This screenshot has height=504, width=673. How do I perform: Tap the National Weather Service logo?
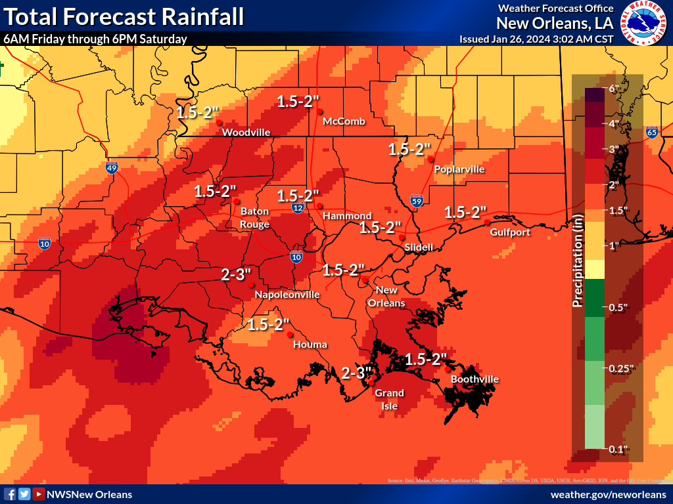click(x=643, y=23)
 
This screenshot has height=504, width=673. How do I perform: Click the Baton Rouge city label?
click(x=254, y=218)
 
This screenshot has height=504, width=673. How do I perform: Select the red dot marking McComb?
click(x=320, y=112)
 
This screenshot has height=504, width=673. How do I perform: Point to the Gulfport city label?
click(x=510, y=232)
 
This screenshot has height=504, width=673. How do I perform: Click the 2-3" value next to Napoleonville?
click(x=236, y=274)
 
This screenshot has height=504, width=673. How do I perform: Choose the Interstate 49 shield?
click(x=112, y=167)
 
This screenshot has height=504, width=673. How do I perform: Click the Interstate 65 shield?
click(x=651, y=132)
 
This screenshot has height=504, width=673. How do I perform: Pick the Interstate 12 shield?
click(x=298, y=207)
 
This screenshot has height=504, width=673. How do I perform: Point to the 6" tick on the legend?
click(x=614, y=89)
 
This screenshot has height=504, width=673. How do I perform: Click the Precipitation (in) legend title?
click(x=578, y=260)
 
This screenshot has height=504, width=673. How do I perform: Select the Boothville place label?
click(x=474, y=379)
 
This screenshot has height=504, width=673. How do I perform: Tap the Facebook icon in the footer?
click(x=10, y=494)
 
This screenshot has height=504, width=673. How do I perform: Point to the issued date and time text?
click(x=536, y=39)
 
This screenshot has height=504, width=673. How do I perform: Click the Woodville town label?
click(x=246, y=133)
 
